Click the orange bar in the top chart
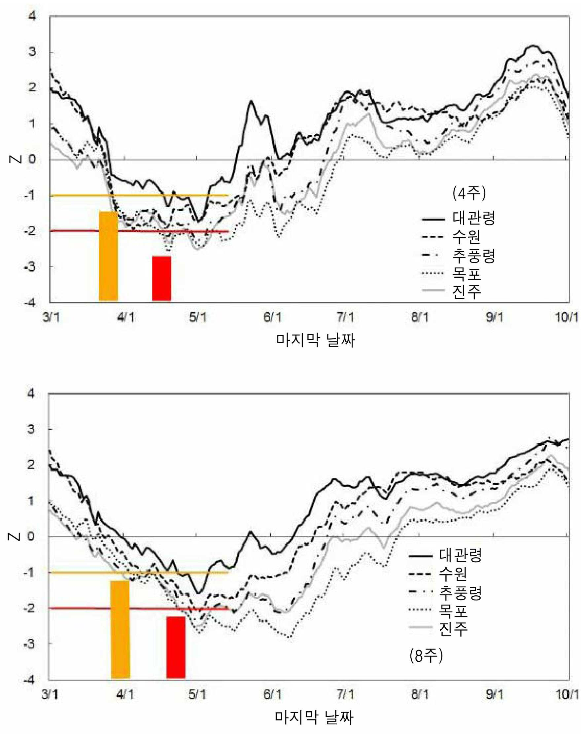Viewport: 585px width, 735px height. coord(108,256)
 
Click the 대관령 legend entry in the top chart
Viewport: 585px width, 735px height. coord(459,218)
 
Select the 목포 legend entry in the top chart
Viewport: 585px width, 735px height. coord(451,273)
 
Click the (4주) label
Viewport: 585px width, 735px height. coord(469,193)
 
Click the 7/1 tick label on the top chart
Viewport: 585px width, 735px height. coord(345,317)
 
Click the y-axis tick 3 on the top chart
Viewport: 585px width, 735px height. coord(32,52)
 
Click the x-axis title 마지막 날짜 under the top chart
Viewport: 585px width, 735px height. coord(315,340)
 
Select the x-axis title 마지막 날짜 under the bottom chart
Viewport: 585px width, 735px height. coord(314,717)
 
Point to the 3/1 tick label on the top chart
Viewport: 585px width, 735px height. coord(51,317)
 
